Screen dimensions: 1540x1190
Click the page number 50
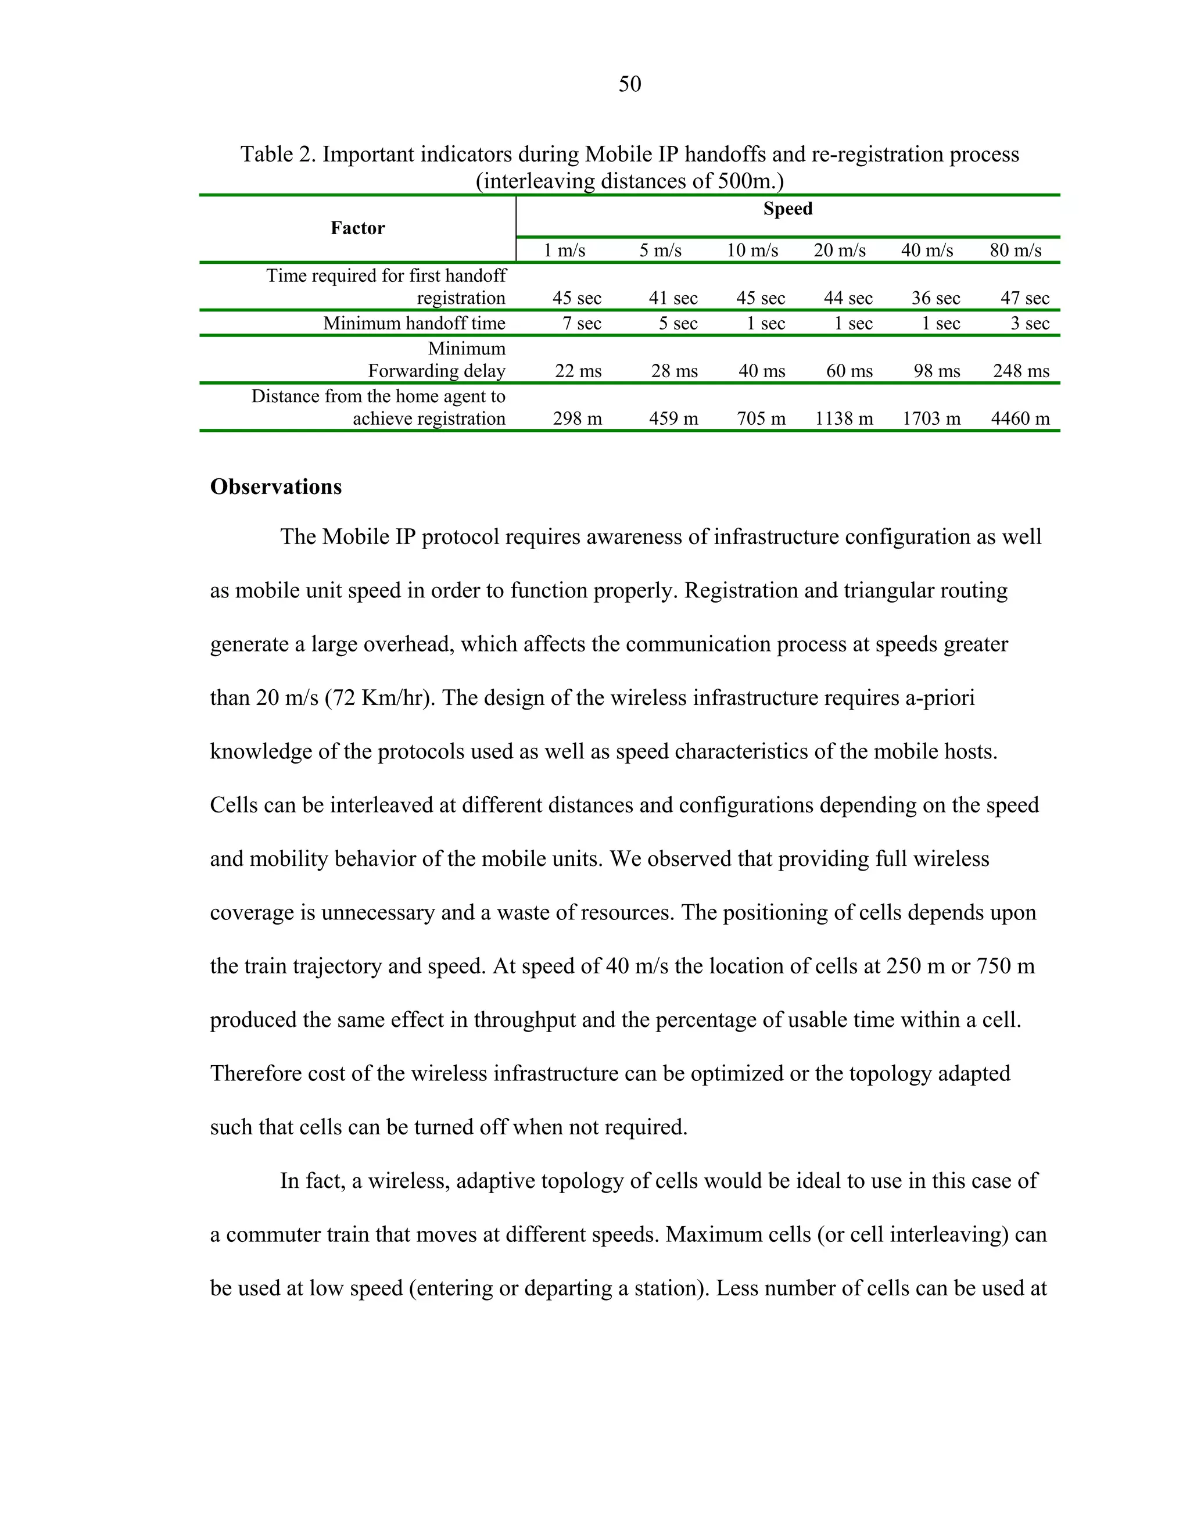(629, 85)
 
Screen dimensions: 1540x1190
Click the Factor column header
(357, 228)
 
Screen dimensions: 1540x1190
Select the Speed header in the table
(787, 209)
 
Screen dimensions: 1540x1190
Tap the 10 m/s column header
(752, 250)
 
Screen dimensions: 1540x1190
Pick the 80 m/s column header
(1015, 250)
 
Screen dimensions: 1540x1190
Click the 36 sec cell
(935, 298)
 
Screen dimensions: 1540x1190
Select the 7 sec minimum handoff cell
(582, 324)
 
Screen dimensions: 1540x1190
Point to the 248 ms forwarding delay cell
(1021, 371)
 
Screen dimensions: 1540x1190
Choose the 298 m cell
(578, 419)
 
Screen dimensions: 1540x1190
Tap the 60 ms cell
(849, 371)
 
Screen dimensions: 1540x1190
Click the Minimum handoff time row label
(414, 324)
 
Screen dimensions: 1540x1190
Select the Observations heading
(275, 486)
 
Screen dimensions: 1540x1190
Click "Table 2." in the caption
(278, 155)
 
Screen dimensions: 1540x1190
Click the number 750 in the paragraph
(995, 966)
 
